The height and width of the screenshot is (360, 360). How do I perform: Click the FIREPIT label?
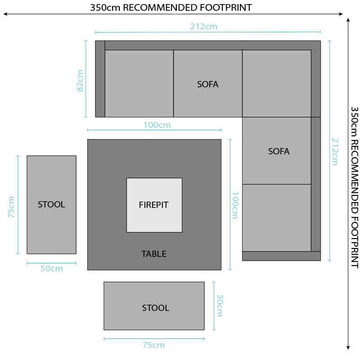(x=153, y=205)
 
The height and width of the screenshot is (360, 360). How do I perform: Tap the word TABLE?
(x=154, y=254)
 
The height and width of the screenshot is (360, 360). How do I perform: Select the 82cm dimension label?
(x=81, y=81)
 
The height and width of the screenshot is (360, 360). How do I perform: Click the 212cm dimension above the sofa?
(x=203, y=27)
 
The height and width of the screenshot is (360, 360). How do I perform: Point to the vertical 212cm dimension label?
(x=335, y=152)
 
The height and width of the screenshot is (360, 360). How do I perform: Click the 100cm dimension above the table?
(x=157, y=125)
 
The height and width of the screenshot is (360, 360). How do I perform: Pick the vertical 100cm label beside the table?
(x=234, y=205)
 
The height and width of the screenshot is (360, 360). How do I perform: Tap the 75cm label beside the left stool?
(x=12, y=207)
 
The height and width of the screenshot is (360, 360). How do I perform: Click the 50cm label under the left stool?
(x=52, y=269)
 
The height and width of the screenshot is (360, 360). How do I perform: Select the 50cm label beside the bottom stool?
(x=220, y=306)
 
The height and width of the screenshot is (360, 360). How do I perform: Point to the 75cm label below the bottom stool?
(x=153, y=345)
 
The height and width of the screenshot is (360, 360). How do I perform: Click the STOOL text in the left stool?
(x=51, y=204)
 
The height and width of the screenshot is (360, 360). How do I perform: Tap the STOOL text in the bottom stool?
(x=156, y=308)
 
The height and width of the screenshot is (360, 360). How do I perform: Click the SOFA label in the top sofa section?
(x=207, y=84)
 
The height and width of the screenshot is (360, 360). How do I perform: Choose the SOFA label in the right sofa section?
(x=279, y=151)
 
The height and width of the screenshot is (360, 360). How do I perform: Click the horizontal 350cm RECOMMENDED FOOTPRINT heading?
(x=171, y=7)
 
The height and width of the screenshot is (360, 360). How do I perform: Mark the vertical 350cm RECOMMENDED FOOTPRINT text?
(x=354, y=187)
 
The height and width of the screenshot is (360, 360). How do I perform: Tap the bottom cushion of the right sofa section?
(x=276, y=217)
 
